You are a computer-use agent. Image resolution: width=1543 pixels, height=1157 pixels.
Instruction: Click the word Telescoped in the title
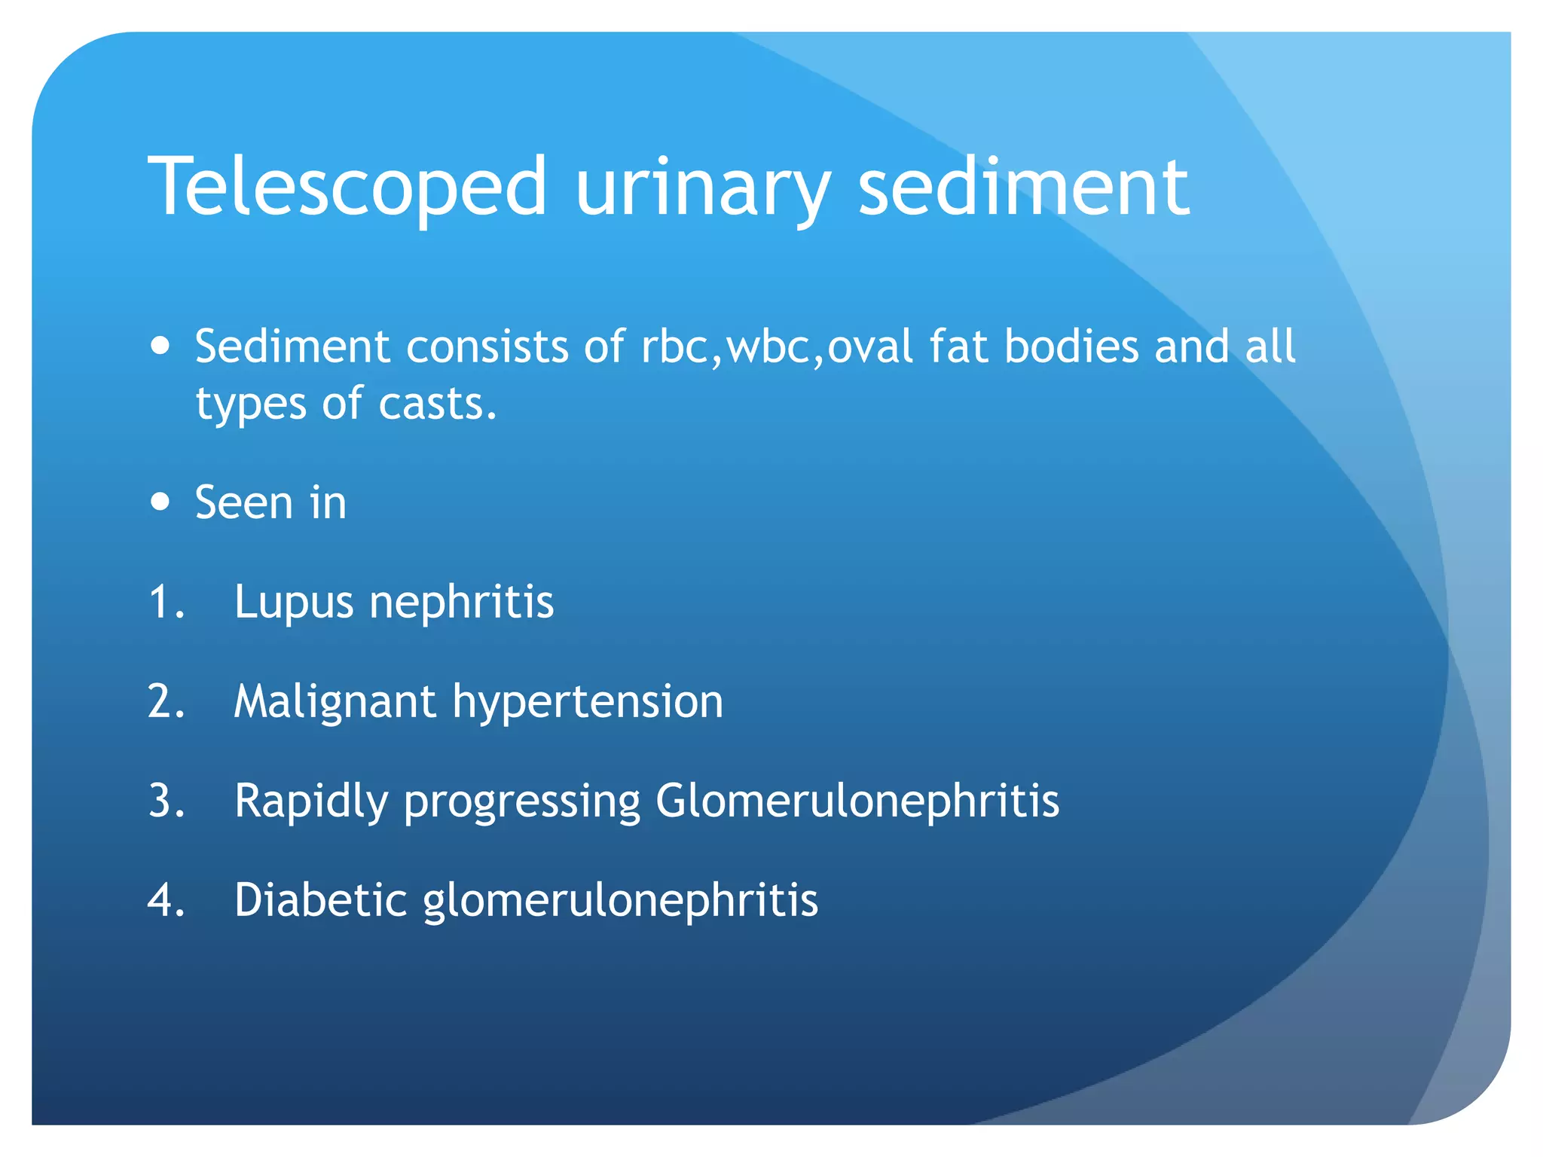coord(347,187)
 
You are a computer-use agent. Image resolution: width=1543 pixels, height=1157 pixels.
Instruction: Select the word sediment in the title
coord(1023,187)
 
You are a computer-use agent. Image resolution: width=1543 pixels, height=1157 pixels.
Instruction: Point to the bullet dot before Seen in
coord(160,502)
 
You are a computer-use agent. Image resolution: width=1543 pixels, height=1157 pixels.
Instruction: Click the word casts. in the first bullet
coord(438,404)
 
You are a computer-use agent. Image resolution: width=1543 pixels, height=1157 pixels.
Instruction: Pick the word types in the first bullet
coord(251,405)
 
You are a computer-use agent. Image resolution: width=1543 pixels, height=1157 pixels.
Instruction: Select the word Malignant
coord(335,702)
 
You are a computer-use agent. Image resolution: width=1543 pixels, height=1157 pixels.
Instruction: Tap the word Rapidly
coord(310,801)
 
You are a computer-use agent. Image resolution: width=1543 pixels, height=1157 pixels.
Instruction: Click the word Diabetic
coord(321,900)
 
